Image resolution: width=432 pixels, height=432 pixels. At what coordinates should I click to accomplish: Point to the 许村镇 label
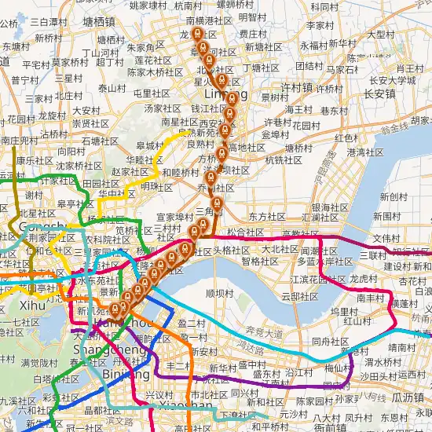[297, 87]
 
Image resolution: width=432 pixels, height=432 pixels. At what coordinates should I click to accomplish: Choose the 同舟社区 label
[331, 342]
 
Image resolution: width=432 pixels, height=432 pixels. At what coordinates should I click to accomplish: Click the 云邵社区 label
[300, 297]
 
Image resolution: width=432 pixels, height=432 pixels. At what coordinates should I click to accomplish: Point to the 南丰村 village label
[370, 298]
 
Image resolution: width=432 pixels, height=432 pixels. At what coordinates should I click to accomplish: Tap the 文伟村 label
[387, 237]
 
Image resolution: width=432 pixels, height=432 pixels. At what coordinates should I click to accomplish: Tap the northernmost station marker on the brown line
[197, 35]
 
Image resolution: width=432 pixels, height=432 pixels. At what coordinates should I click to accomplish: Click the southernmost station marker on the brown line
[115, 309]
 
